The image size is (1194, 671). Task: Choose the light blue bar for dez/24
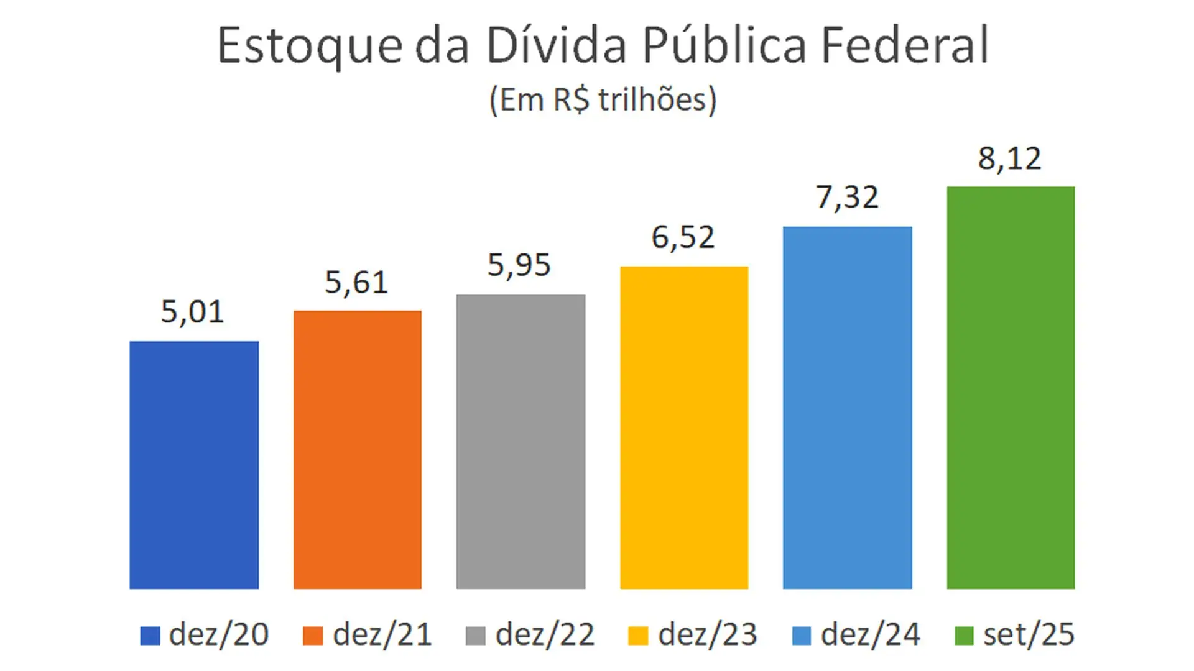[847, 408]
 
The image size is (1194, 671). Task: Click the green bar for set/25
[1011, 388]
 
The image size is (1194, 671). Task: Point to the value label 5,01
[192, 312]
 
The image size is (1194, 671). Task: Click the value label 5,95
[519, 265]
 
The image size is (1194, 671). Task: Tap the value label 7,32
[847, 198]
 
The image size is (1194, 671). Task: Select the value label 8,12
[1009, 158]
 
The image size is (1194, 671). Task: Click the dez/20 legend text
[219, 635]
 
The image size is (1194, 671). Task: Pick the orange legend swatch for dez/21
[313, 636]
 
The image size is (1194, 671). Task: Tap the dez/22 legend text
[545, 635]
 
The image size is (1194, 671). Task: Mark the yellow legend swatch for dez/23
[638, 636]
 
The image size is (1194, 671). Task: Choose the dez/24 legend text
[870, 635]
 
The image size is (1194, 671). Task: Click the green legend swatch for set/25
[964, 636]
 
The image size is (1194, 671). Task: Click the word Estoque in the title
[309, 46]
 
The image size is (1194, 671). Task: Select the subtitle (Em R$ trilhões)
[603, 100]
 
